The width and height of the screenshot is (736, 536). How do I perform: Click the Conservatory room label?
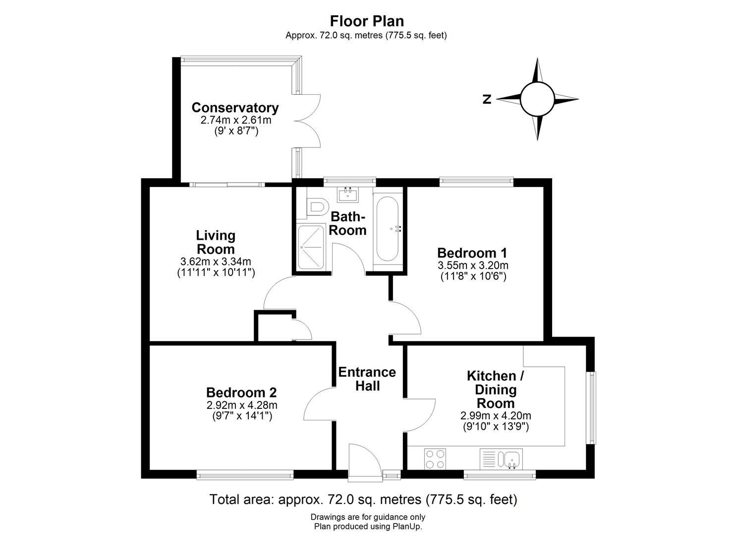coord(235,108)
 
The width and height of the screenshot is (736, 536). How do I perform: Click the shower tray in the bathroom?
coord(311,247)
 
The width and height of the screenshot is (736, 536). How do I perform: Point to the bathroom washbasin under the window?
coord(348,194)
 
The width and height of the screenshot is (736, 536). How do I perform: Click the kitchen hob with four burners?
coord(435,459)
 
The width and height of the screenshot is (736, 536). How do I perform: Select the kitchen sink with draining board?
coord(501,459)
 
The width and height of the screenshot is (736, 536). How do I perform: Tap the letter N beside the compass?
coord(487,99)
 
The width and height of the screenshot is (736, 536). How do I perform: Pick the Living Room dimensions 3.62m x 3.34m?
coord(216,262)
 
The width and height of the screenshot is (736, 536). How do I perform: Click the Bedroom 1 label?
coord(472,253)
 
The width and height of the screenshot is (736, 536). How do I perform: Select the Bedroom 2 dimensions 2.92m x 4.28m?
coord(242,405)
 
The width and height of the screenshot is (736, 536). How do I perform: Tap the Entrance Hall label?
coord(367,379)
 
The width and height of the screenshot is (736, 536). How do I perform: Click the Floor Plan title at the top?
coord(367,21)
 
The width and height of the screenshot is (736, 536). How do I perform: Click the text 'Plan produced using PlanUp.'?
coord(368,527)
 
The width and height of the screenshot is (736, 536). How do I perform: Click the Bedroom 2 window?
coord(245,475)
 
